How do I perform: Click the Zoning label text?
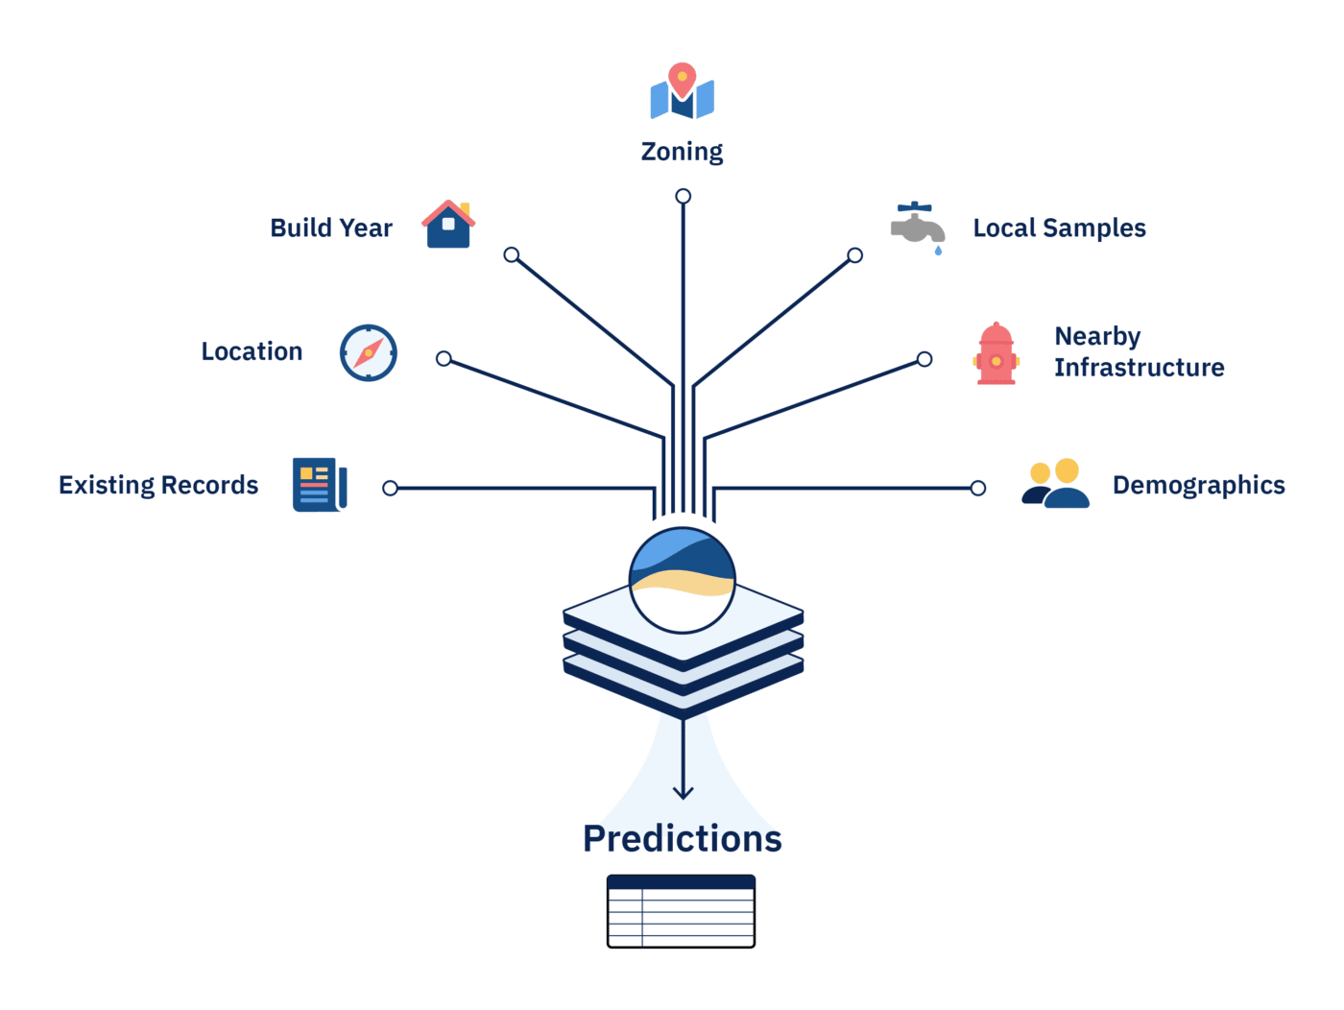pos(682,152)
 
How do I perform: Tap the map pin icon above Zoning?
pos(682,92)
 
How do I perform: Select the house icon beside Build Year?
pos(448,225)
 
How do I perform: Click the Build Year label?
pos(331,228)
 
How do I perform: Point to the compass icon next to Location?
pos(369,353)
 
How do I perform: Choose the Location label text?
pos(252,352)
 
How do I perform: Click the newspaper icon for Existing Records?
pos(320,485)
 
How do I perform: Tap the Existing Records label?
pos(158,486)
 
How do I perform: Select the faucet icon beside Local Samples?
pos(917,226)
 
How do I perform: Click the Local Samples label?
pos(1059,228)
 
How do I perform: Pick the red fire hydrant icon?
pos(996,354)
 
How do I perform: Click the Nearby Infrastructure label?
pos(1139,352)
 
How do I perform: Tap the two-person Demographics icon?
pos(1055,484)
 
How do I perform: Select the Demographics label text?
pos(1198,486)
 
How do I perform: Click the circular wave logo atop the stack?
pos(683,580)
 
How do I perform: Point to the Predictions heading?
pos(682,838)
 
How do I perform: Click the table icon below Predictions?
pos(682,911)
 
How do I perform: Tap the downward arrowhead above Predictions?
pos(683,792)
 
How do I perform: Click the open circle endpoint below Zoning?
pos(683,197)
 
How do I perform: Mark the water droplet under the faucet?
pos(938,251)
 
